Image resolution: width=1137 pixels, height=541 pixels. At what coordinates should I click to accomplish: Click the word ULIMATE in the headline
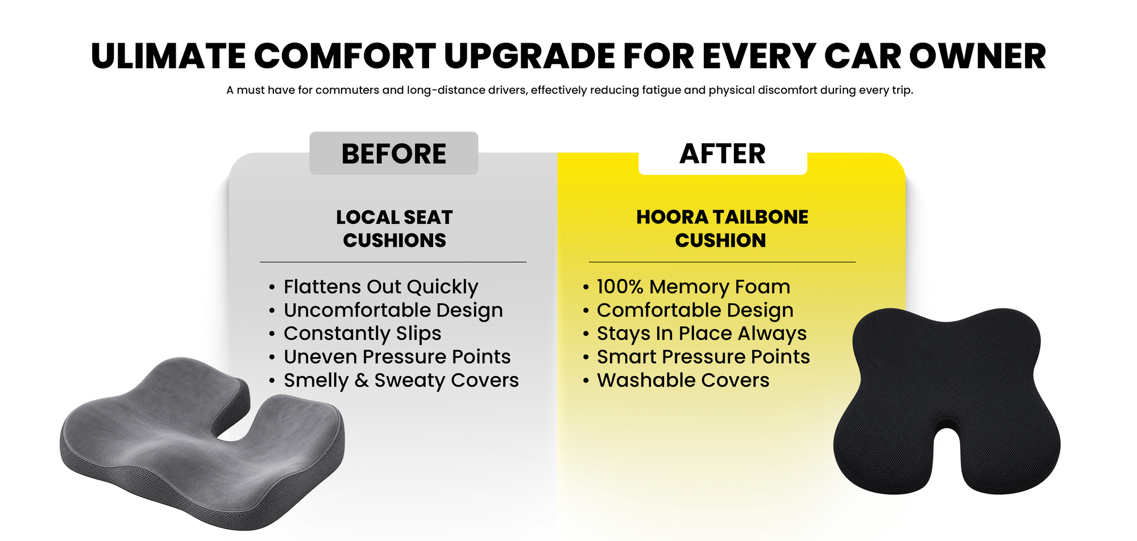169,56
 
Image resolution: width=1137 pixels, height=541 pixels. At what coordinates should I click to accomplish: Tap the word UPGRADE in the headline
529,56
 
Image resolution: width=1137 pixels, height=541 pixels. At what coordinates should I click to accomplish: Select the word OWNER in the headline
977,56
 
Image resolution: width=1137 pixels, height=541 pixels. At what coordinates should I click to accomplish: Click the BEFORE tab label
393,154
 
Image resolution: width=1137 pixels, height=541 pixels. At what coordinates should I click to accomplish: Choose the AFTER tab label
723,154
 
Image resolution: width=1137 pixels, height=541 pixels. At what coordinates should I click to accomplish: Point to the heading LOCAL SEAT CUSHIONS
394,228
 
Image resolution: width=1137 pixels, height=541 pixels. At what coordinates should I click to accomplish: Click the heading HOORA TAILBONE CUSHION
722,228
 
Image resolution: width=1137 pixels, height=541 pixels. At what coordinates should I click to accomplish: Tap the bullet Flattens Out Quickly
381,287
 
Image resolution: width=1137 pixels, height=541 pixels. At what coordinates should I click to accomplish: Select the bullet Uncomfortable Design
393,310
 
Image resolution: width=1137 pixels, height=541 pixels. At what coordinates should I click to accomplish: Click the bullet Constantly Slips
362,334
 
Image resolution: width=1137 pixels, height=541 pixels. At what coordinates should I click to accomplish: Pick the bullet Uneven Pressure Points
397,357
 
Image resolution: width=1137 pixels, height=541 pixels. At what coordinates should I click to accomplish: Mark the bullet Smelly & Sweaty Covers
401,380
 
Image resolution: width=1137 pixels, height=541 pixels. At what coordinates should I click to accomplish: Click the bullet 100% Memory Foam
694,287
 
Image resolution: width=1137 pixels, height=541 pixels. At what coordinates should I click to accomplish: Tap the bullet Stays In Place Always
702,334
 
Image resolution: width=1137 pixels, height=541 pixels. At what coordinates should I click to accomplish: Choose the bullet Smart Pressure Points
703,357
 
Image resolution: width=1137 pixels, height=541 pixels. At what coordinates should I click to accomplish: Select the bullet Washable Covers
683,380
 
